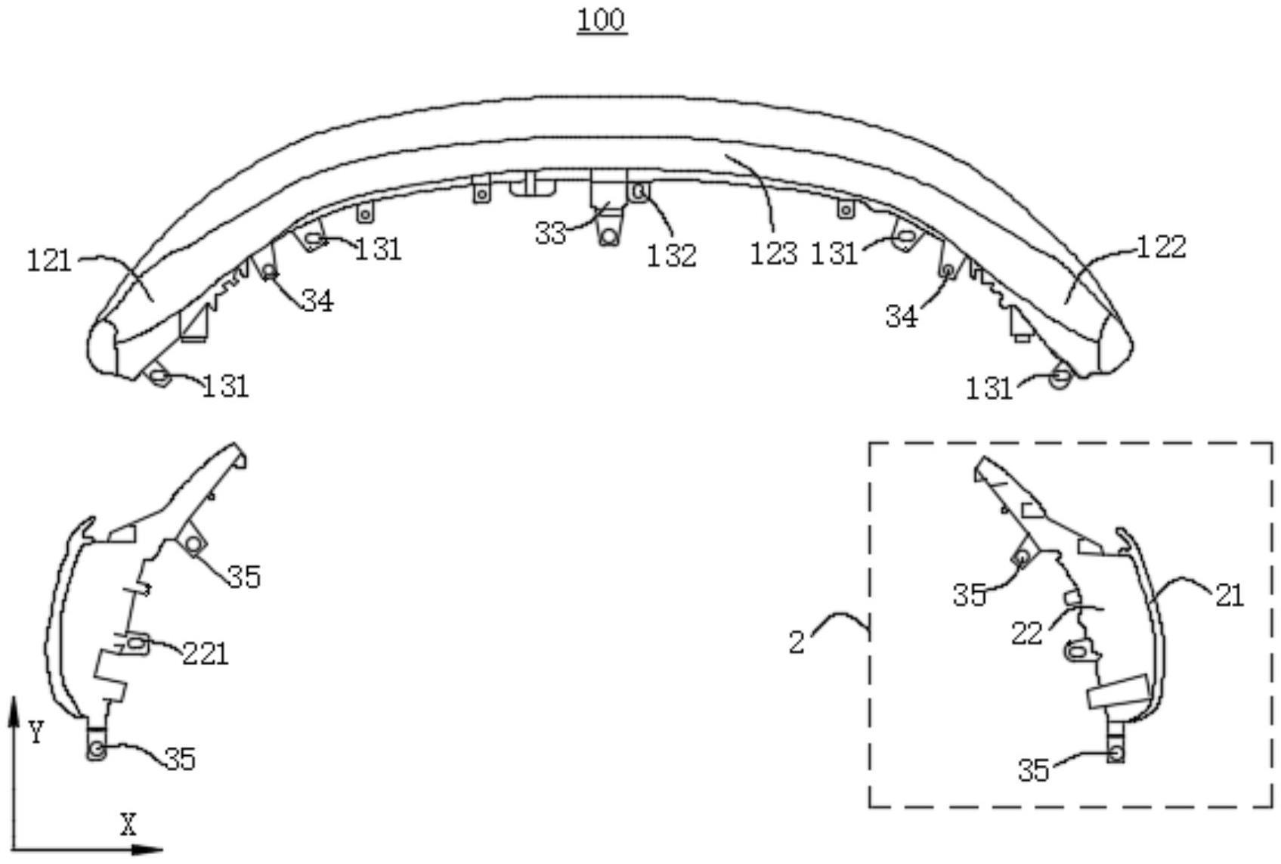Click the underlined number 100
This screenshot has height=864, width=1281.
coord(602,20)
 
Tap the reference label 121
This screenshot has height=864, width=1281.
coord(49,262)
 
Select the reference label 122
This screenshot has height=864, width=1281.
coord(1162,247)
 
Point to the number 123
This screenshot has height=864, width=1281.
coord(773,254)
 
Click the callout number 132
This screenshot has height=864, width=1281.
coord(671,255)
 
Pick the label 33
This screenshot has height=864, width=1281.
coord(550,234)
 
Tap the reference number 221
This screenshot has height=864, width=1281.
coord(205,653)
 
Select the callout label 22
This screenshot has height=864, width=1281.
coord(1027,633)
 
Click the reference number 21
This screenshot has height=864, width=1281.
coord(1230,596)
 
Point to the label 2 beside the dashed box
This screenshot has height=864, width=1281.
coord(797,643)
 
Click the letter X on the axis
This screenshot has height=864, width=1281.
coord(128,825)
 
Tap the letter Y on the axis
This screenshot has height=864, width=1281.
coord(36,732)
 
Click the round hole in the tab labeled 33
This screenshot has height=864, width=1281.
coord(608,237)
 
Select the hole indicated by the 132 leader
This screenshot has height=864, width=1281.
coord(639,191)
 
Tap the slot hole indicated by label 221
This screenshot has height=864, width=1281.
coord(136,643)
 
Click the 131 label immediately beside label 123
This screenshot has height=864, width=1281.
coord(834,254)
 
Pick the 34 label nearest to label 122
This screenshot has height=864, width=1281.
coord(902,317)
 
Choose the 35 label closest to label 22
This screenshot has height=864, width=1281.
coord(970,595)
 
